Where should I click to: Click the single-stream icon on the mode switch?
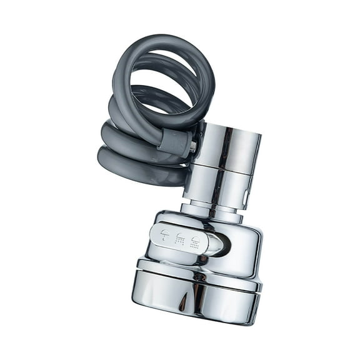[x=165, y=236]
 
